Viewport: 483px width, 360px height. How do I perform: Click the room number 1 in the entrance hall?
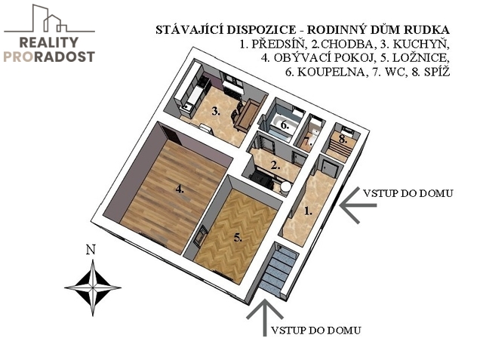point(308,211)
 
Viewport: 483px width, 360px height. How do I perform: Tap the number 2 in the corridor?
point(275,166)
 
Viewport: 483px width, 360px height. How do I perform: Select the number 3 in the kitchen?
point(216,111)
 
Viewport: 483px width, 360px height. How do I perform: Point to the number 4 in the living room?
point(180,189)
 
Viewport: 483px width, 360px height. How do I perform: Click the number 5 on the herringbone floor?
point(238,238)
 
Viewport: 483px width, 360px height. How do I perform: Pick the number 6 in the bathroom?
point(284,125)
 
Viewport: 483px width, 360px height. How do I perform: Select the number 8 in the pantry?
point(343,139)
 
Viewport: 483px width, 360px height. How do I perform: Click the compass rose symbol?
point(93,288)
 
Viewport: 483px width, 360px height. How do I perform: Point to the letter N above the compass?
point(91,250)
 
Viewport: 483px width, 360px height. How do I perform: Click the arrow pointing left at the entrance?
point(358,205)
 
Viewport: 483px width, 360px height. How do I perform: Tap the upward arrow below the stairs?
point(265,318)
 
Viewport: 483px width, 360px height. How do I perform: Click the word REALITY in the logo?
point(48,42)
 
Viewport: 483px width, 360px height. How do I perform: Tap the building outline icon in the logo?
point(49,18)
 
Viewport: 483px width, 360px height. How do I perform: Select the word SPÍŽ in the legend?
point(437,72)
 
